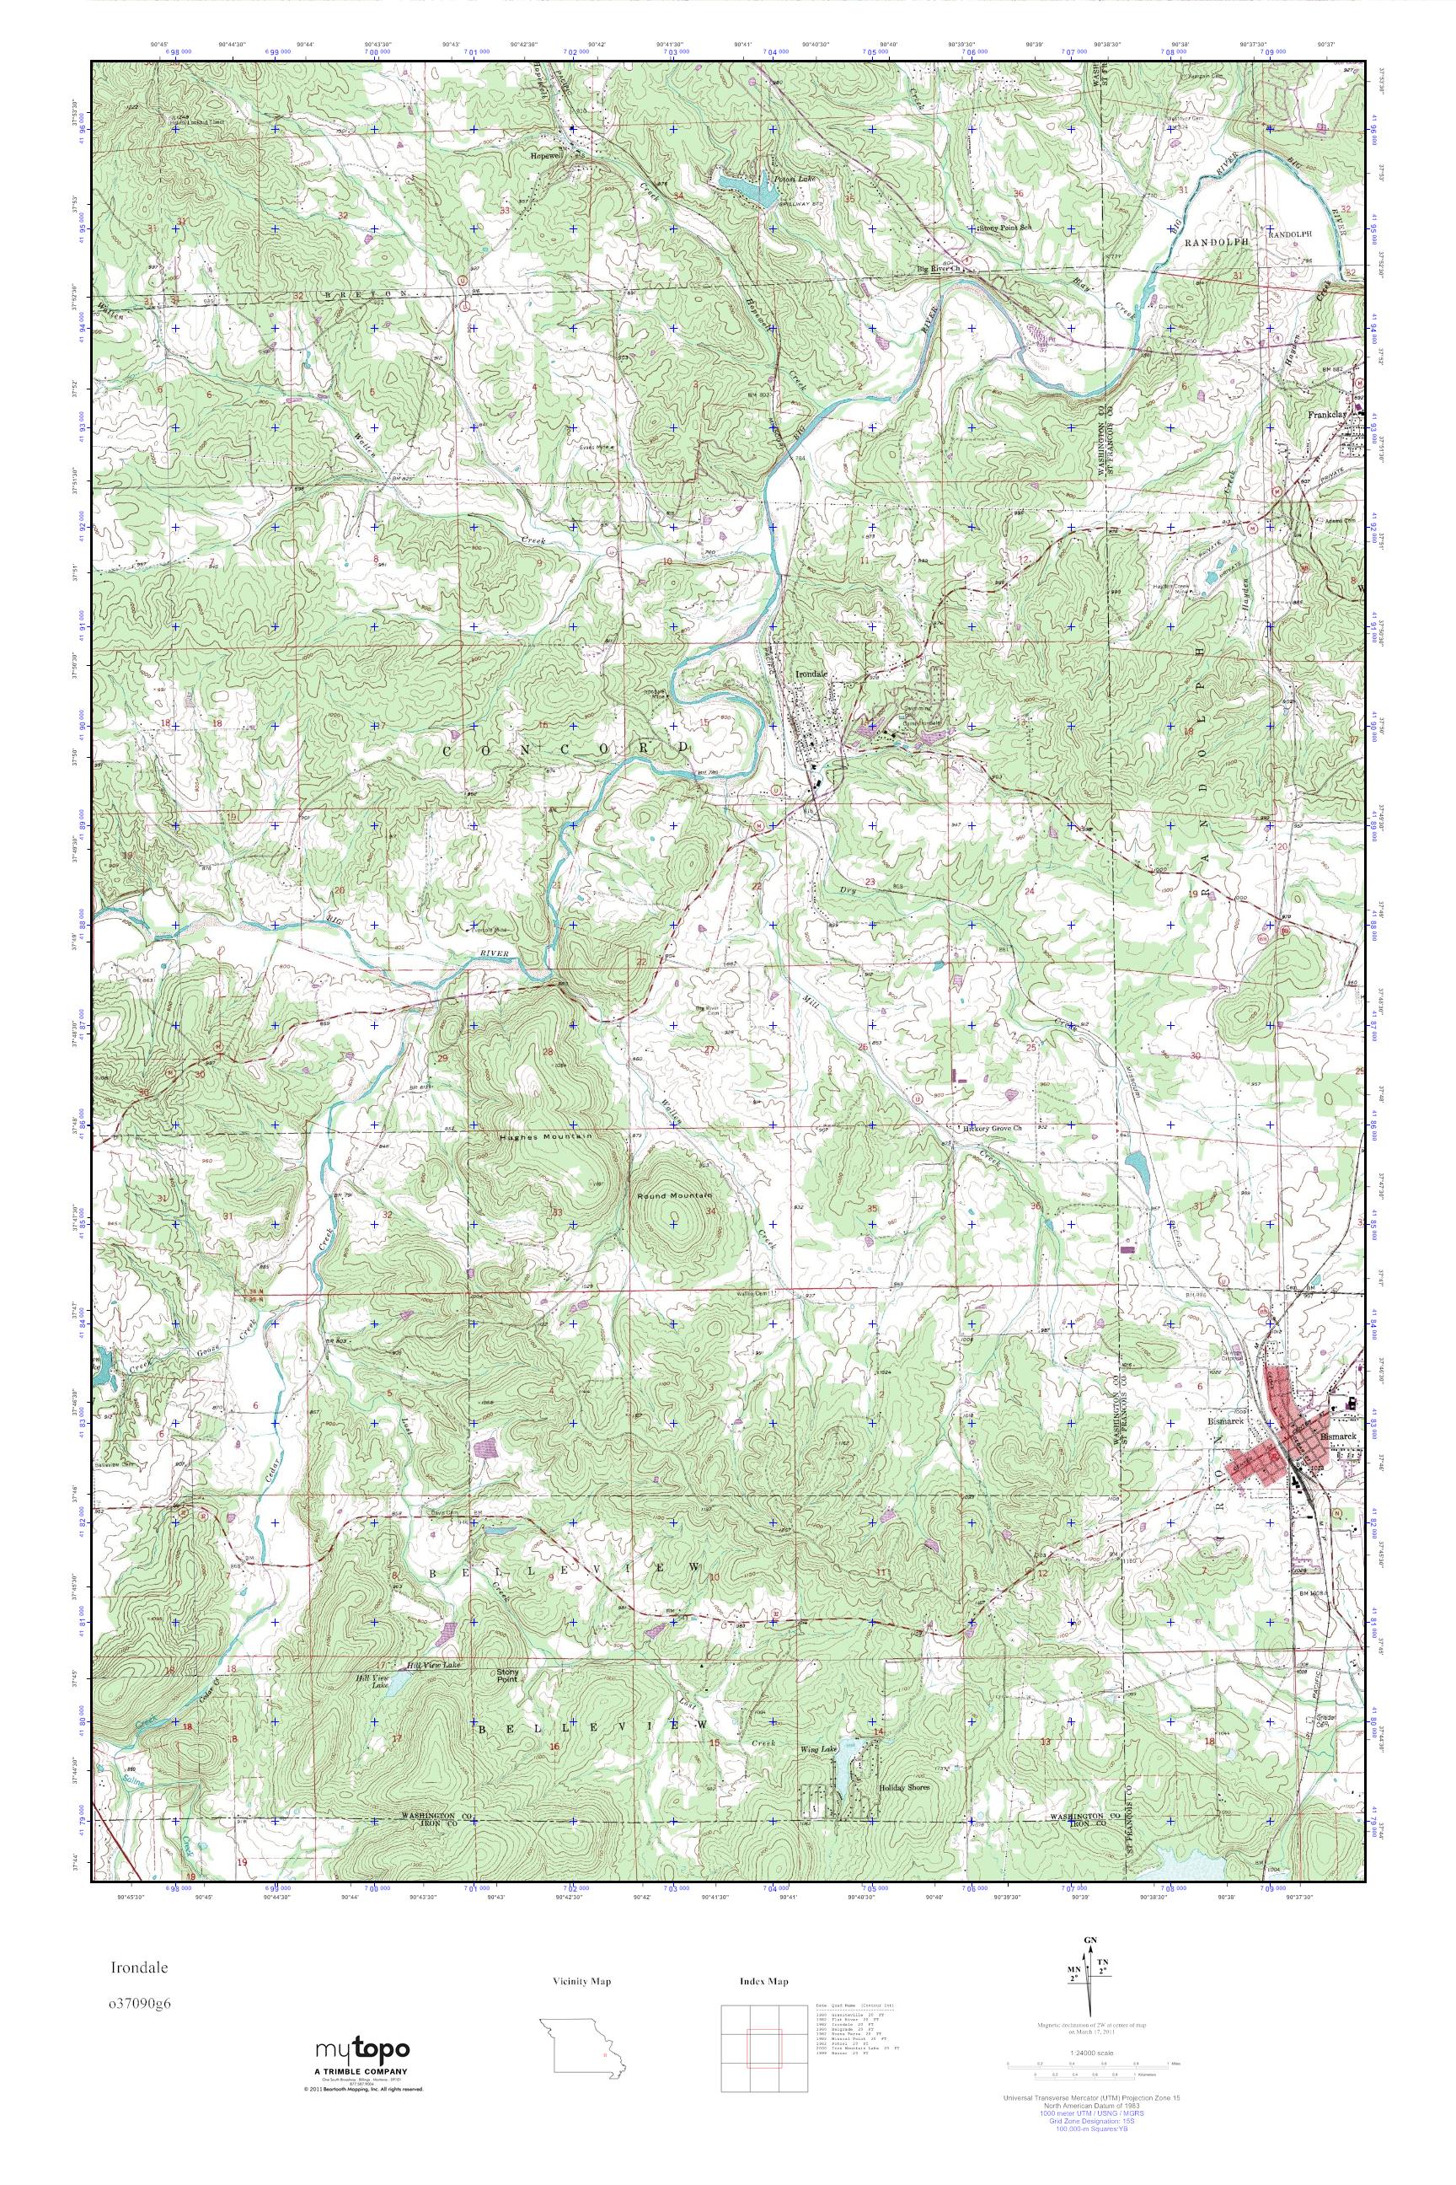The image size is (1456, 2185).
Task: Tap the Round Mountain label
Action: coord(675,1195)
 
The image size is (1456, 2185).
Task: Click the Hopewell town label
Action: coord(549,156)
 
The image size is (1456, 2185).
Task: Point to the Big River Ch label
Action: coord(936,270)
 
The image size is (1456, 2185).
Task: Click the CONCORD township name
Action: coord(566,749)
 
